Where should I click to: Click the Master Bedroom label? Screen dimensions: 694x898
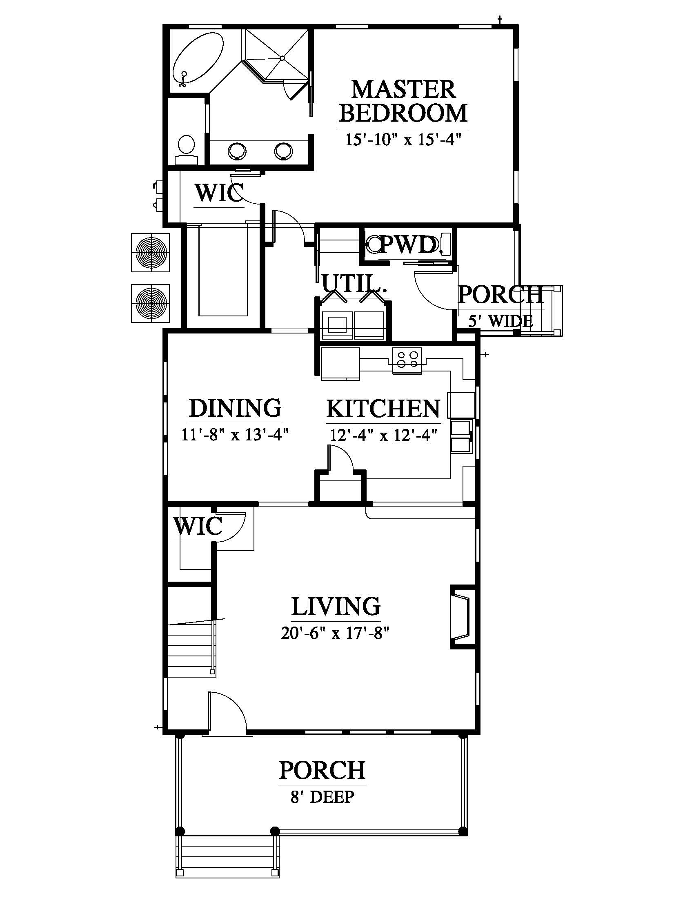coord(403,101)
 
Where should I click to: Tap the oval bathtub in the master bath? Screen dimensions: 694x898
coord(198,60)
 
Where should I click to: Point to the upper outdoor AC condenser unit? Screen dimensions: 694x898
coord(151,252)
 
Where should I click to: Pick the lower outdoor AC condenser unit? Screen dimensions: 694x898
coord(151,303)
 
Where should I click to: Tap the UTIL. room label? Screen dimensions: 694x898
coord(355,283)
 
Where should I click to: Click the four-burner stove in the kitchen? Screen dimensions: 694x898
coord(407,360)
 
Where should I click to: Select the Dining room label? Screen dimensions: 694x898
coord(235,408)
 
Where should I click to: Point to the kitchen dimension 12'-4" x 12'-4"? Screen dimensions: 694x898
coord(383,435)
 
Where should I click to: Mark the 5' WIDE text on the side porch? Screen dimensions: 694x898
coord(500,321)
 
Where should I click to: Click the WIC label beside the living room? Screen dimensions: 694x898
coord(198,526)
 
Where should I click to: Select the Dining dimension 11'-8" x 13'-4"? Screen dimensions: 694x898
coord(235,435)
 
